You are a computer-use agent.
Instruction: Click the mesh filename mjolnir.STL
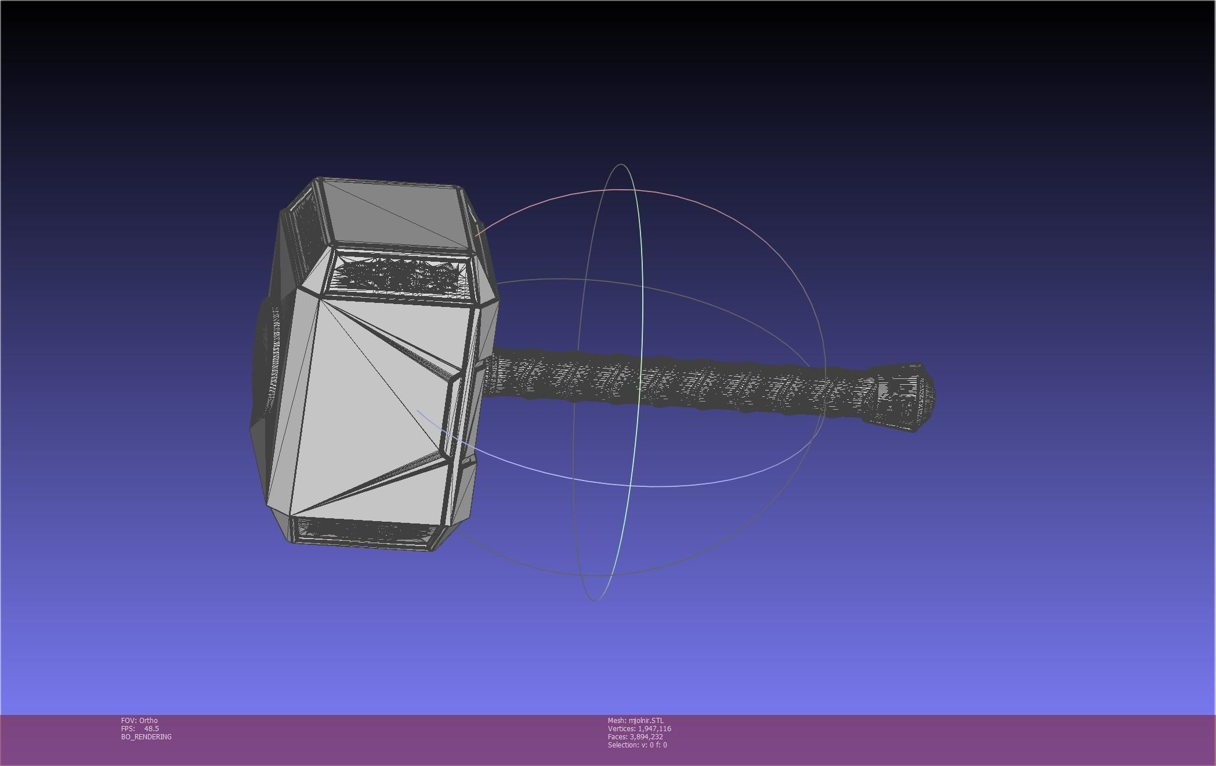[x=646, y=720]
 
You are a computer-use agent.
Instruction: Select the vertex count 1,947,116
[x=654, y=728]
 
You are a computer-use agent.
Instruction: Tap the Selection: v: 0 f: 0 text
[x=637, y=745]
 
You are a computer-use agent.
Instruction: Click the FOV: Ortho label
[x=139, y=720]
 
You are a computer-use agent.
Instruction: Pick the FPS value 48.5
[x=151, y=728]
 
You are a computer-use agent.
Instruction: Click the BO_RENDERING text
[x=146, y=736]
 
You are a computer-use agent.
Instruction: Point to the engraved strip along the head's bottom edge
[x=363, y=530]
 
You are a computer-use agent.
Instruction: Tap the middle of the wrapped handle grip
[x=679, y=380]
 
